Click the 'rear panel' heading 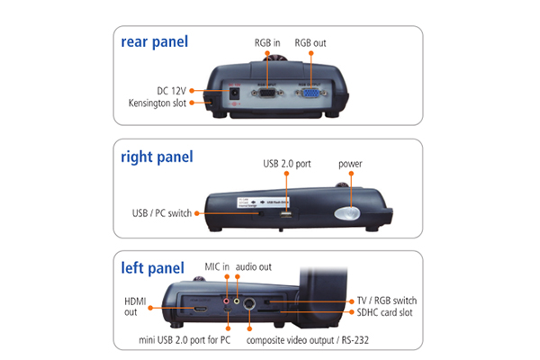(x=154, y=42)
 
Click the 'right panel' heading (x=157, y=157)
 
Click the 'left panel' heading (x=153, y=268)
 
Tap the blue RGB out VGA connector (x=311, y=93)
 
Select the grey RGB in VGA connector (x=267, y=93)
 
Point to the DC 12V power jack (x=235, y=93)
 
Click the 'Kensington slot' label (x=157, y=103)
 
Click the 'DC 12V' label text (x=171, y=91)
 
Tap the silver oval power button (x=346, y=213)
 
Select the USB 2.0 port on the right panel (x=286, y=214)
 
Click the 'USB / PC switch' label (x=161, y=213)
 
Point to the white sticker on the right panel (x=263, y=202)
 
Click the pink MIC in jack (x=226, y=301)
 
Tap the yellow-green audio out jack (x=237, y=301)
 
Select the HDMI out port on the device (x=201, y=309)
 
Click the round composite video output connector (x=249, y=303)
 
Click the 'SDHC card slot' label (x=384, y=312)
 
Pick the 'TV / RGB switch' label (x=387, y=301)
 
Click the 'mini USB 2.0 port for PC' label (x=184, y=340)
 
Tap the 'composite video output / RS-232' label (x=308, y=340)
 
